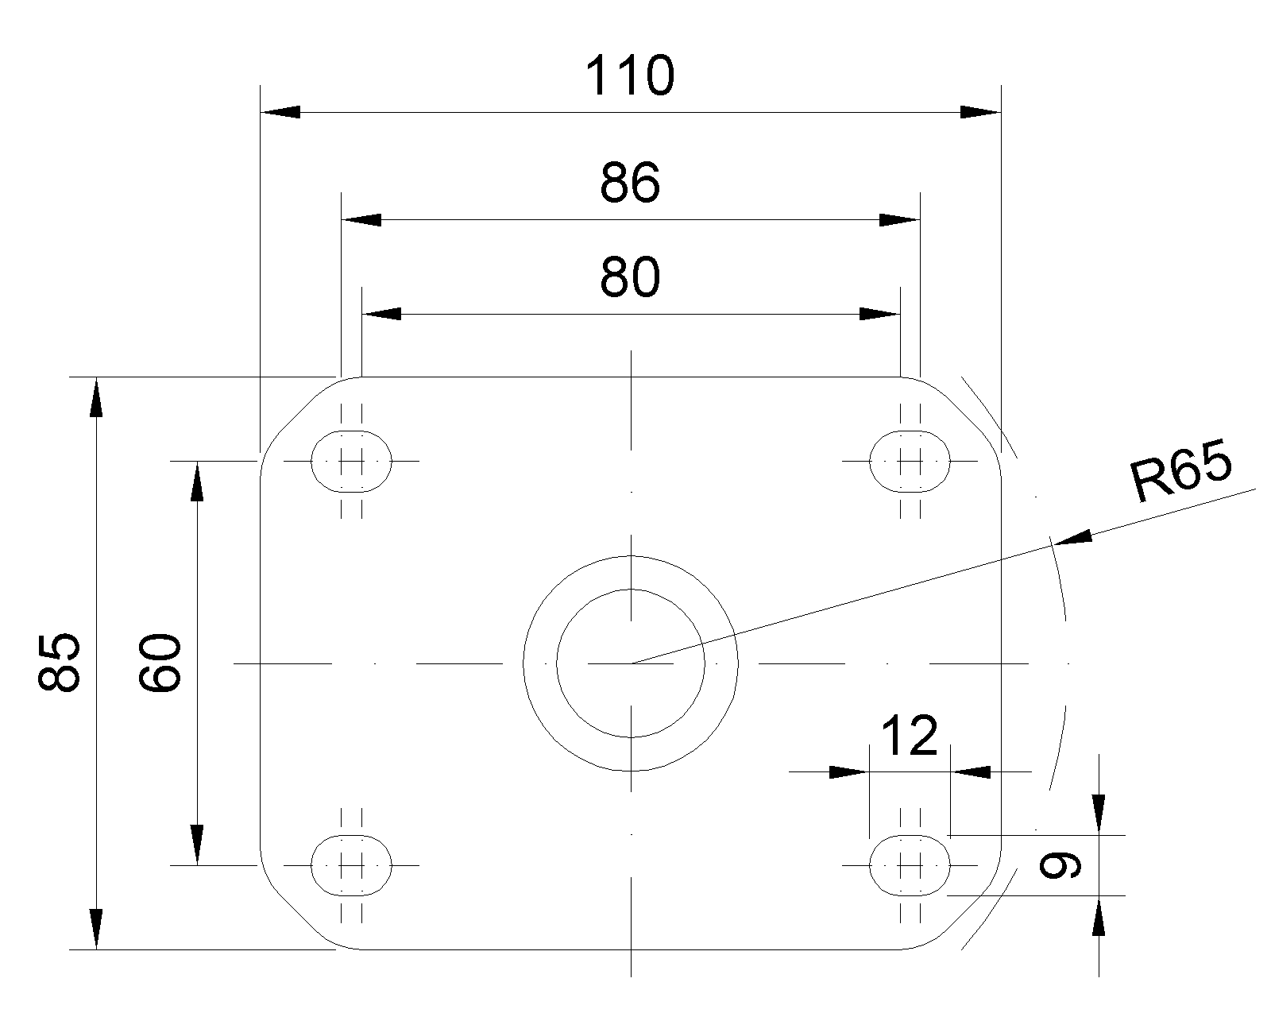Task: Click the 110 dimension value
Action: tap(630, 75)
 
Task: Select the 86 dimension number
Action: tap(630, 183)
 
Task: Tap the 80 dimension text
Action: tap(630, 277)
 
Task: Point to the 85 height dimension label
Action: tap(59, 662)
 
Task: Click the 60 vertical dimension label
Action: tap(159, 662)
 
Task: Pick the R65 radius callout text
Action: tap(1181, 472)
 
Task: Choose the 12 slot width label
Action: tap(909, 736)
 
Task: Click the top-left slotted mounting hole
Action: tap(351, 461)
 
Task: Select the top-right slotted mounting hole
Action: tap(910, 461)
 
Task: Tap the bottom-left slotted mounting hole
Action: tap(351, 866)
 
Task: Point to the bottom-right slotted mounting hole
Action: tap(910, 866)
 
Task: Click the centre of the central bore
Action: tap(631, 663)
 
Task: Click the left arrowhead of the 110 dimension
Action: tap(280, 112)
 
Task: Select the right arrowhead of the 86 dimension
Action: tap(899, 220)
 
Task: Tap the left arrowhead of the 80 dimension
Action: tap(381, 314)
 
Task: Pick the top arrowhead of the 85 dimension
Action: tap(95, 397)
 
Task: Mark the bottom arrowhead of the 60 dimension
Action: tap(197, 845)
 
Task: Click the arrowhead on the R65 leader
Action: tap(1072, 538)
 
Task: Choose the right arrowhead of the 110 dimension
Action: tap(980, 112)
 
